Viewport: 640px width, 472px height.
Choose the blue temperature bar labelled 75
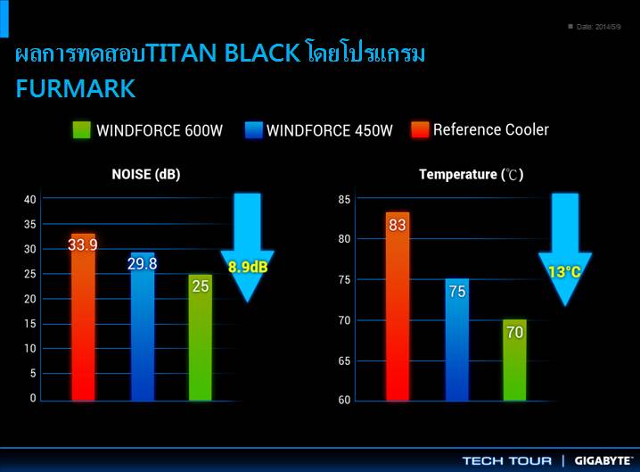pos(456,339)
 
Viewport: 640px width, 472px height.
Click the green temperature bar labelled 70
pos(514,360)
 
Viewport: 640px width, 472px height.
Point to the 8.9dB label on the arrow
pos(248,266)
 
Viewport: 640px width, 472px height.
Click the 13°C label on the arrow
pos(564,271)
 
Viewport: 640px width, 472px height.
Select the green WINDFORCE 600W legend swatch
pos(82,130)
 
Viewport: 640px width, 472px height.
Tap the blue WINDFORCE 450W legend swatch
pos(252,130)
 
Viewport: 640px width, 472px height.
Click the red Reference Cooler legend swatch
pos(420,130)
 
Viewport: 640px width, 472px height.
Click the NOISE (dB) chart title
pos(145,175)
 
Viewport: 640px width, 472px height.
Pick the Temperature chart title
pos(472,175)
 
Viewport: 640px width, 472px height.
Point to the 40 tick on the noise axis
pos(30,199)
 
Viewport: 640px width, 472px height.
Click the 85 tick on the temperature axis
pos(344,199)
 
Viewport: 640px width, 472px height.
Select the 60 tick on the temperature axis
pos(344,401)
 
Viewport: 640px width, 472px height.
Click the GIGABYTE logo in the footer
pos(603,460)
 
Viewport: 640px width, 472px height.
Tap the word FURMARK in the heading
pos(76,88)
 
